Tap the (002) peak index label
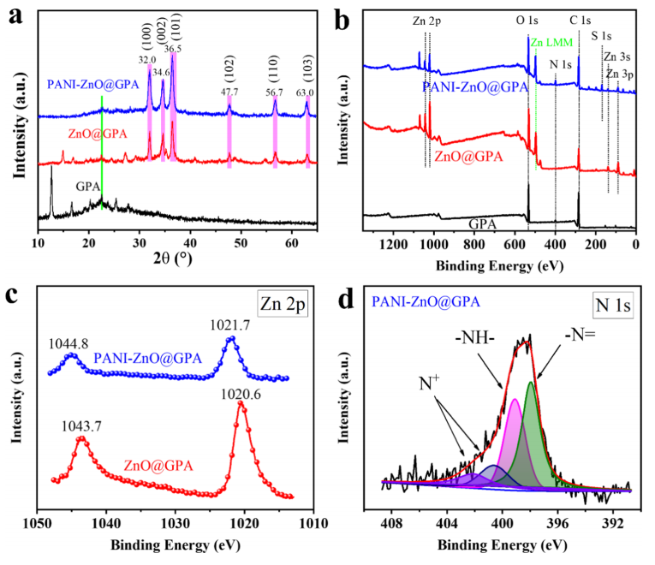pyautogui.click(x=163, y=36)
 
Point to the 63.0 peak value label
pyautogui.click(x=306, y=92)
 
